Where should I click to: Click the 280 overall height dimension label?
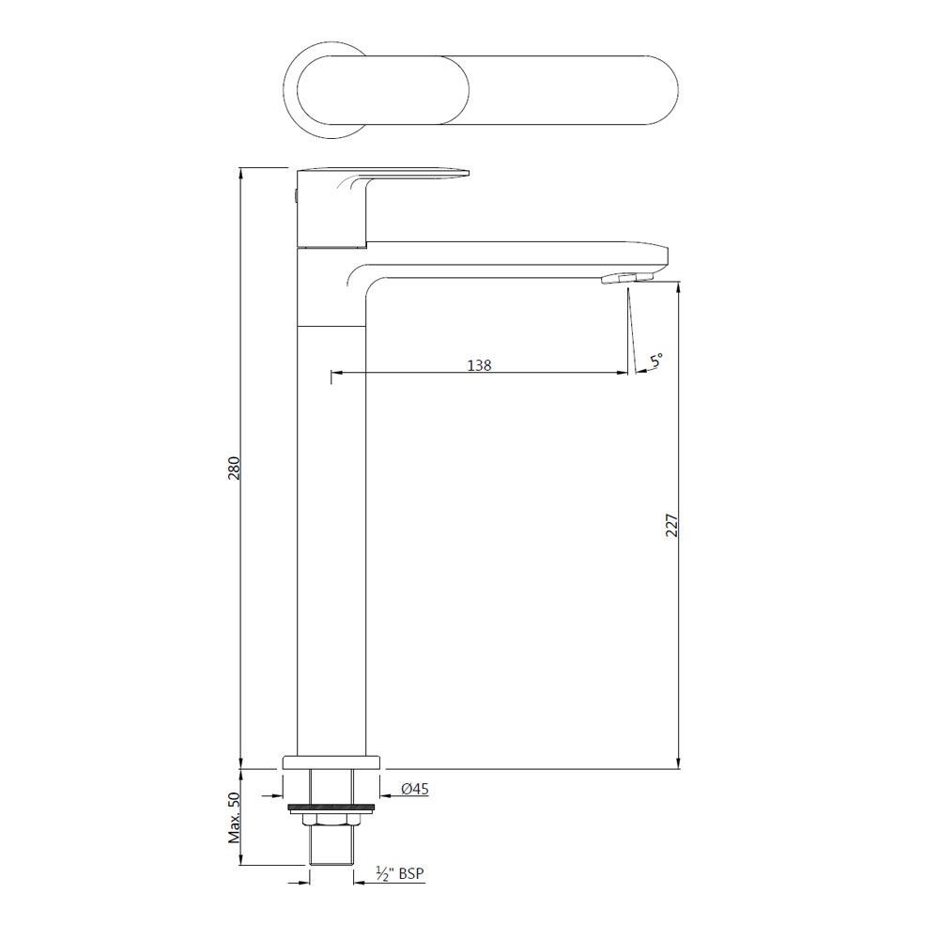(x=235, y=468)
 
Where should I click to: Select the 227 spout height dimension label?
(x=670, y=525)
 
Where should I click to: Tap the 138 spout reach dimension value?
(x=479, y=364)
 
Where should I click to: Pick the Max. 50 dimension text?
(x=235, y=818)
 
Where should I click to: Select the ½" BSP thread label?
(x=400, y=874)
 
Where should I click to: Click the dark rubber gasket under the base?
(x=331, y=806)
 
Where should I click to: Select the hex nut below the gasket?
(x=331, y=823)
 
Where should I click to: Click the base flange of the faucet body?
(x=331, y=762)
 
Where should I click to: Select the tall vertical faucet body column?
(x=331, y=535)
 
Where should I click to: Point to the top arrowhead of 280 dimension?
(x=241, y=175)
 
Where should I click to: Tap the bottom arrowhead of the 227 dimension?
(x=678, y=762)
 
